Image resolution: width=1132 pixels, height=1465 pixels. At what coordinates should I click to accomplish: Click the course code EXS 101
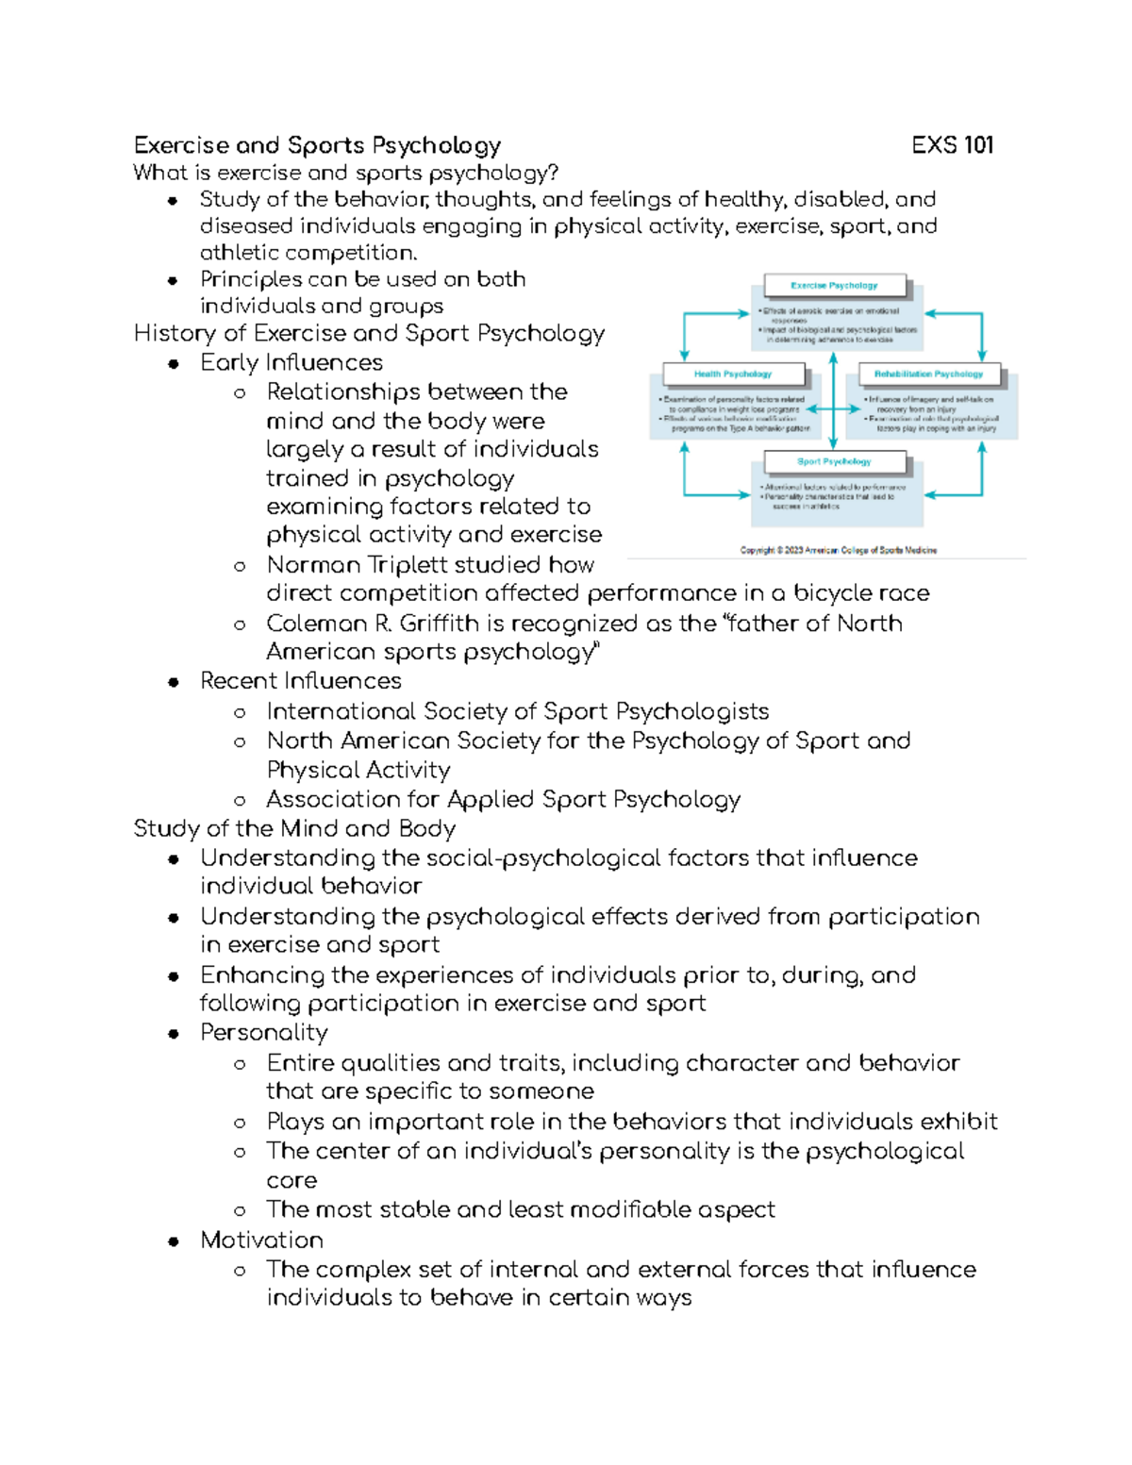pyautogui.click(x=952, y=145)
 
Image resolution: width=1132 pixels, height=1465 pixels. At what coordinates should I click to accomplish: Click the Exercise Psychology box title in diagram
pyautogui.click(x=834, y=285)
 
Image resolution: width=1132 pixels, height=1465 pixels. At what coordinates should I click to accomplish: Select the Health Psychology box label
pyautogui.click(x=733, y=375)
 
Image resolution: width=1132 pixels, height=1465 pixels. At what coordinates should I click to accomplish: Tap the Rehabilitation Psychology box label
pyautogui.click(x=928, y=375)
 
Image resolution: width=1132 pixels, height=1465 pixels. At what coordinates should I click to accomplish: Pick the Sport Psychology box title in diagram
pyautogui.click(x=834, y=462)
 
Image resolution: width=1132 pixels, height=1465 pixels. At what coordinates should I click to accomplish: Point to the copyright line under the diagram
pyautogui.click(x=838, y=550)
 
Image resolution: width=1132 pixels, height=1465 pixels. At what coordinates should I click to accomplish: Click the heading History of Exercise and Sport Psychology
pyautogui.click(x=369, y=334)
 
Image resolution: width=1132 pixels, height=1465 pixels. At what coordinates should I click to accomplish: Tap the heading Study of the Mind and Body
pyautogui.click(x=294, y=829)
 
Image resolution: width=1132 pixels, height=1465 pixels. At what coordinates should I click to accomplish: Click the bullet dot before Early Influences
pyautogui.click(x=174, y=364)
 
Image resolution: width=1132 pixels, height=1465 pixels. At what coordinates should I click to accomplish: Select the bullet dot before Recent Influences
pyautogui.click(x=174, y=682)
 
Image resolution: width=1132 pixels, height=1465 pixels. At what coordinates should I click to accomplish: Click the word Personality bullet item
pyautogui.click(x=264, y=1033)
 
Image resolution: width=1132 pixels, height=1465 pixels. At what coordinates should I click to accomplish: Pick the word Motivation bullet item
pyautogui.click(x=261, y=1240)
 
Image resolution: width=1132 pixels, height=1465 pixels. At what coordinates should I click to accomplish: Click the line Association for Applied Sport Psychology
pyautogui.click(x=503, y=800)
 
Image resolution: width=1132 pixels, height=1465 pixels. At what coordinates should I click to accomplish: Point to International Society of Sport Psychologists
pyautogui.click(x=517, y=711)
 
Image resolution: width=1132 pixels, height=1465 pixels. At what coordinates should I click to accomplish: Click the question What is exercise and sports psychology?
pyautogui.click(x=346, y=173)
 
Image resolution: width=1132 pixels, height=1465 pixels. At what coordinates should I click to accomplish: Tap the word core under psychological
pyautogui.click(x=291, y=1181)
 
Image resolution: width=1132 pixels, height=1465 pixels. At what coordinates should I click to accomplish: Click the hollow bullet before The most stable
pyautogui.click(x=240, y=1211)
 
